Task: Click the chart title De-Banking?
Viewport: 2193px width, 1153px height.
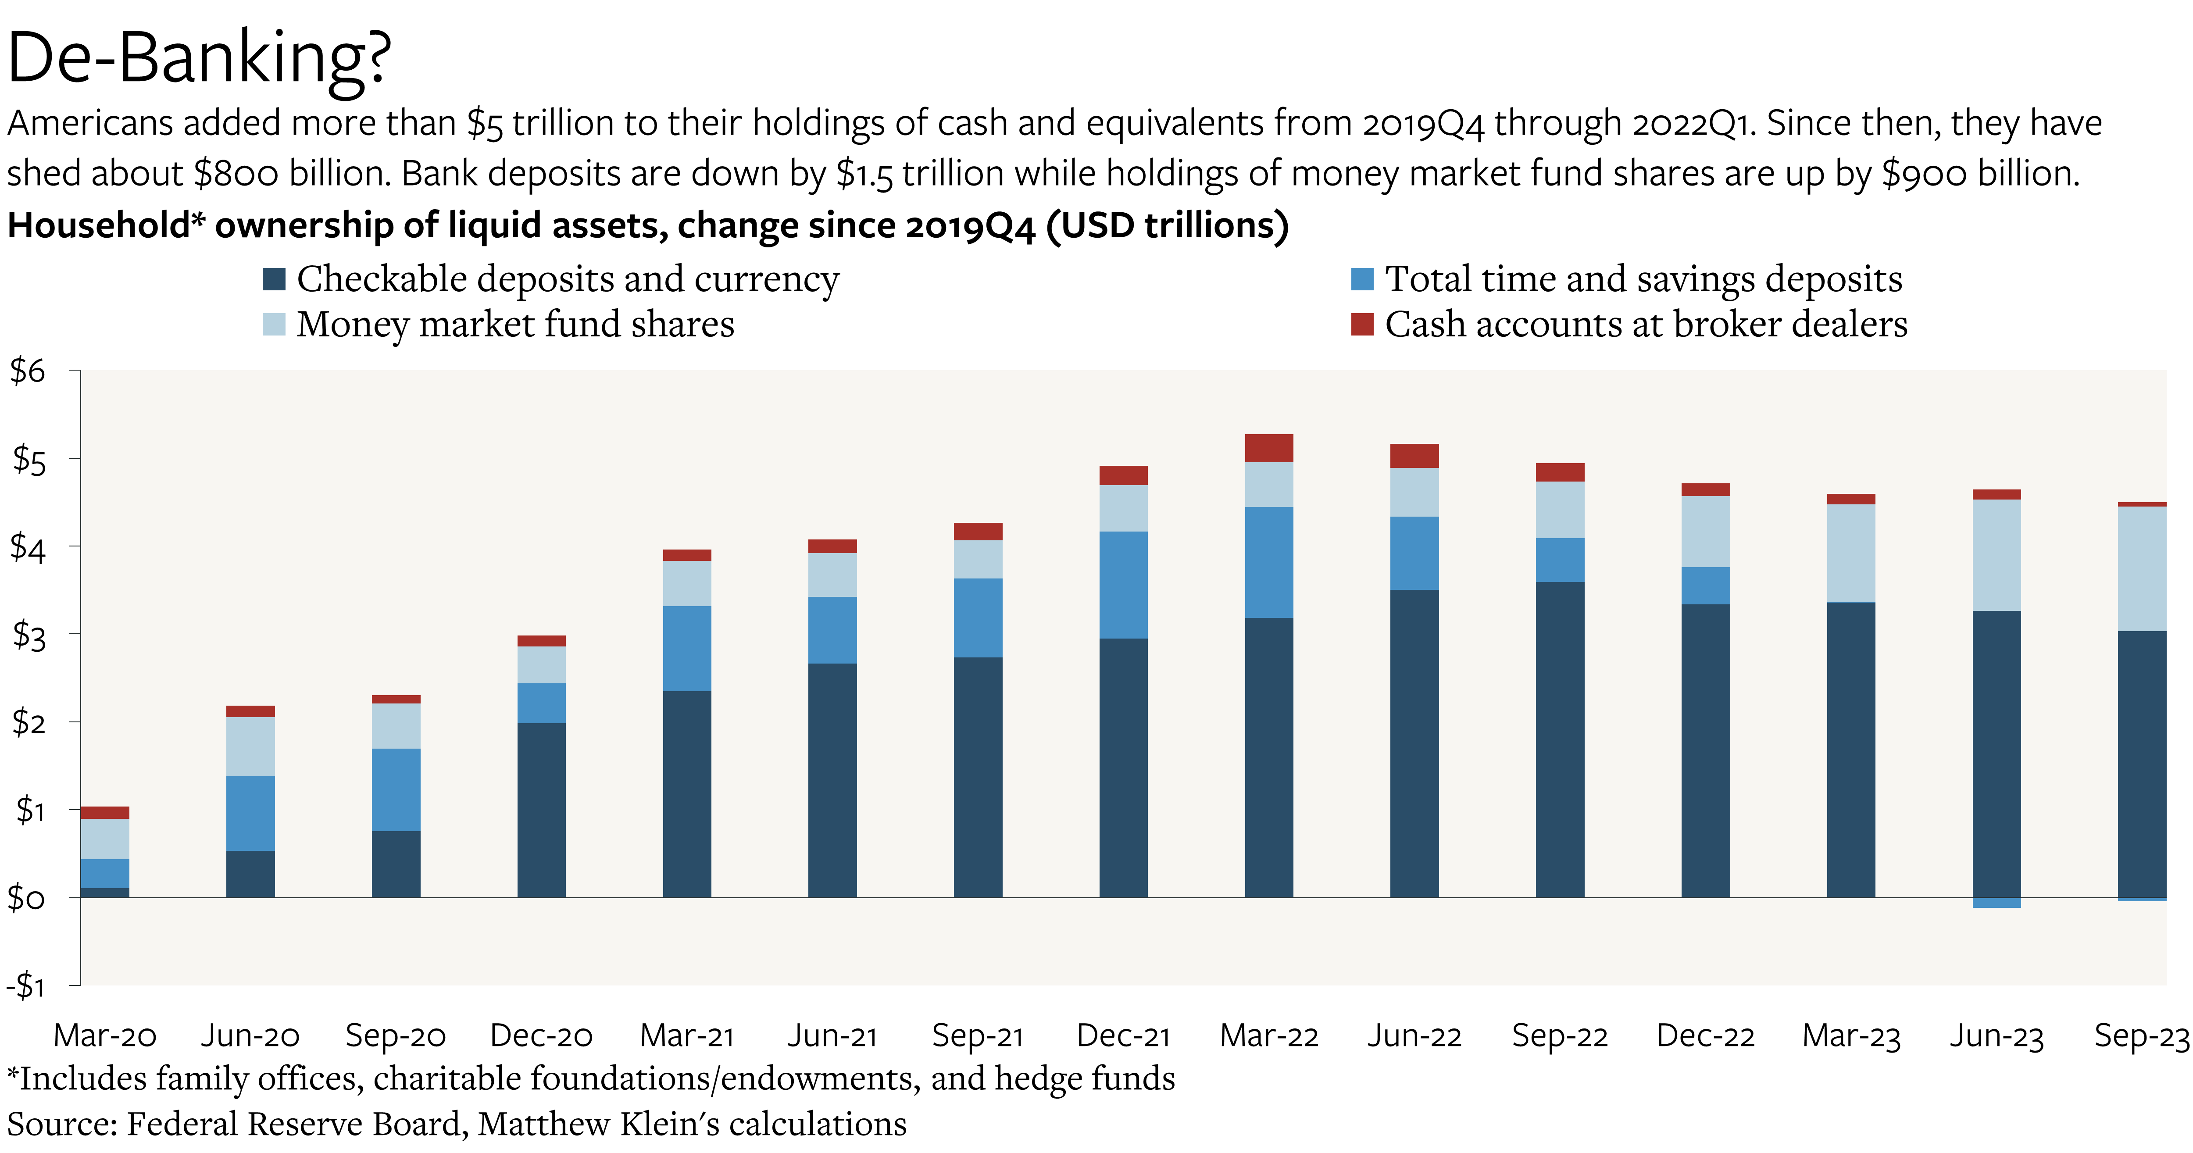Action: point(198,58)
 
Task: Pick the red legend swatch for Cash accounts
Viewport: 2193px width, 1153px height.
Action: point(1362,325)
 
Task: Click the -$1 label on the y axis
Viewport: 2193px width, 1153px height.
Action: point(25,986)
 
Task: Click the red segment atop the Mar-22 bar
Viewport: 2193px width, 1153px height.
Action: point(1268,448)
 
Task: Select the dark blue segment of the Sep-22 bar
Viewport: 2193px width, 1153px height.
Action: point(1560,739)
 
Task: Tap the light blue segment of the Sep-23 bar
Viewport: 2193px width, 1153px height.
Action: point(2142,569)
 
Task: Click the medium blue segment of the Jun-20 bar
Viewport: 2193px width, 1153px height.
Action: point(250,813)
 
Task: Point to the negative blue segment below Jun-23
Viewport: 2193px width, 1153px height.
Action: point(1997,903)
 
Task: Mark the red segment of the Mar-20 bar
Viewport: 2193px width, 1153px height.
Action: point(105,812)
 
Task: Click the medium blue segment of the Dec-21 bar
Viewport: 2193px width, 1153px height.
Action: point(1123,585)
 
